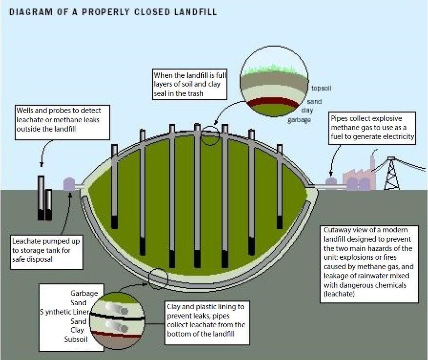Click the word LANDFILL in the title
tap(191, 11)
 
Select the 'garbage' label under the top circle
tap(299, 120)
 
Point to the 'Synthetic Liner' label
tap(64, 312)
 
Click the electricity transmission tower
tap(391, 174)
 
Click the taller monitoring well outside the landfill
tap(41, 197)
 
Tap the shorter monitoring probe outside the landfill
tap(49, 204)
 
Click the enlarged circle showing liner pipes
tap(117, 317)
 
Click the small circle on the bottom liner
tap(158, 277)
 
